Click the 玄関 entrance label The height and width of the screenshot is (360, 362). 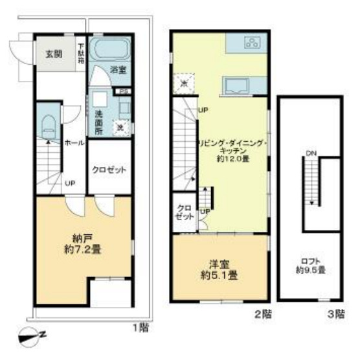point(52,53)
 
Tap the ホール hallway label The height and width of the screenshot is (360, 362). point(73,143)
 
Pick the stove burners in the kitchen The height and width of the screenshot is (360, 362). point(252,43)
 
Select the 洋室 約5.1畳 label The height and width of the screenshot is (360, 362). point(220,269)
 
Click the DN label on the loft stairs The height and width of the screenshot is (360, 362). point(311,153)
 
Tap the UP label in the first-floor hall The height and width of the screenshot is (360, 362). point(69,184)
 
